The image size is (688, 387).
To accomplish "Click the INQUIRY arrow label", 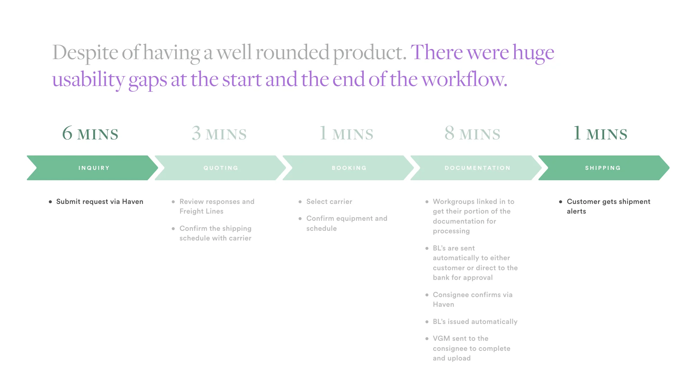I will click(x=94, y=168).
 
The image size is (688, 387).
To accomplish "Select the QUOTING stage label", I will click(x=221, y=168).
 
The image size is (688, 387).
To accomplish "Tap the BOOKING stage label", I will click(x=349, y=168).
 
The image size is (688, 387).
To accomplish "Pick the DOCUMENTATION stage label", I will click(x=477, y=168).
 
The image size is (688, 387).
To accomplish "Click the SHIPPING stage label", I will click(x=603, y=168).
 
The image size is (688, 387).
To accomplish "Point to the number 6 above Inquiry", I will click(x=67, y=133).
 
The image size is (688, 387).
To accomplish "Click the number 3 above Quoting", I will click(x=196, y=133).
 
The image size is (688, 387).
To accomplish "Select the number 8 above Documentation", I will click(x=449, y=133).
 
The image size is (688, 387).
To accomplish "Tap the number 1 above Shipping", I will click(x=577, y=133).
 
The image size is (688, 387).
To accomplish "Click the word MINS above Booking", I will click(x=353, y=135).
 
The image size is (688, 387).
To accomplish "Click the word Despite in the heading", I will click(x=85, y=53).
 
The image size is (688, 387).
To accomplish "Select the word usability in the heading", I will click(x=88, y=80).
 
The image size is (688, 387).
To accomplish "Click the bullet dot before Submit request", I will click(x=51, y=202).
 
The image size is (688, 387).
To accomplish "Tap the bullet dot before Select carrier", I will click(x=300, y=202).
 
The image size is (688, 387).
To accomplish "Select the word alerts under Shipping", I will click(x=576, y=211).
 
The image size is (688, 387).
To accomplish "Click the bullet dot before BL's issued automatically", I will click(x=427, y=322).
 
